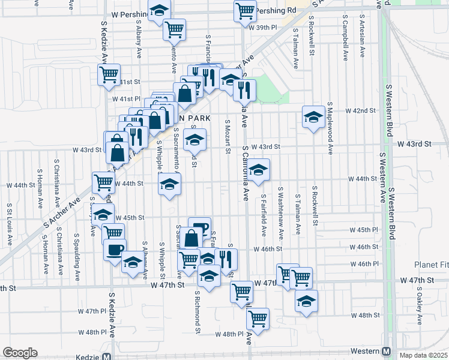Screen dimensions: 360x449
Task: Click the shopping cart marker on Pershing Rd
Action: pyautogui.click(x=244, y=11)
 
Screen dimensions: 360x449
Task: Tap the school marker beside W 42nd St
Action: pyautogui.click(x=313, y=117)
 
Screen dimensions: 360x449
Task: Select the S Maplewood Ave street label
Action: pyautogui.click(x=330, y=129)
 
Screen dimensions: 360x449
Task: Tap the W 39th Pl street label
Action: pyautogui.click(x=263, y=27)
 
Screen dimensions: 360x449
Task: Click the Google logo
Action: pyautogui.click(x=20, y=352)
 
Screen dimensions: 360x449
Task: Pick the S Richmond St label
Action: pyautogui.click(x=197, y=313)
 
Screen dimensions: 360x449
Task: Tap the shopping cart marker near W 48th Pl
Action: pyautogui.click(x=258, y=319)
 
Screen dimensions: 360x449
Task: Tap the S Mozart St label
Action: pyautogui.click(x=228, y=137)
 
